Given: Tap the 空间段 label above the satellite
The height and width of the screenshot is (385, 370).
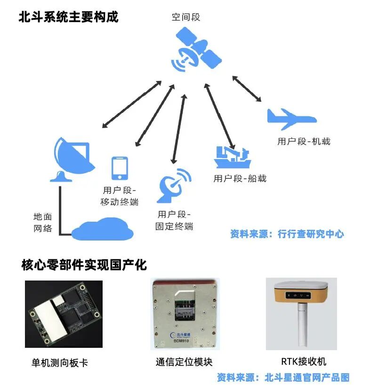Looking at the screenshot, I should click(186, 17).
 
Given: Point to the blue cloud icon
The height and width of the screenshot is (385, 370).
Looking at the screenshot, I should click(103, 228).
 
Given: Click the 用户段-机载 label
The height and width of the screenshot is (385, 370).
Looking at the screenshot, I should click(304, 141).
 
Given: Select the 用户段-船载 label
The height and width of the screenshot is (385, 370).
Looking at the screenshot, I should click(240, 178).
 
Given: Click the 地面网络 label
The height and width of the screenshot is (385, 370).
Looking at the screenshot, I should click(42, 223).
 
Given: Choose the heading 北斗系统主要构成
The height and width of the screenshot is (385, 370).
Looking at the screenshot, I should click(68, 17).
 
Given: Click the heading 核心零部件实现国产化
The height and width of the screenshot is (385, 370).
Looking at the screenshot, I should click(84, 265).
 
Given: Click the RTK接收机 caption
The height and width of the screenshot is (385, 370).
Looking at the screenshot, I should click(304, 361).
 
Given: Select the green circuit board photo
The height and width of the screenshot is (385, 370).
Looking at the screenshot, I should click(63, 314).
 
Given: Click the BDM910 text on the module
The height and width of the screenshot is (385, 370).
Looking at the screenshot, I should click(182, 342).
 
